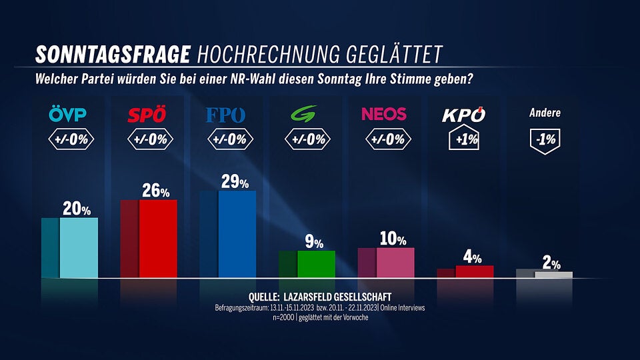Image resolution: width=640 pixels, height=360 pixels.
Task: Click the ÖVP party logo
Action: pyautogui.click(x=67, y=115)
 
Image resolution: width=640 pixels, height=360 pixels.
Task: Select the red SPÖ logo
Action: pyautogui.click(x=147, y=115)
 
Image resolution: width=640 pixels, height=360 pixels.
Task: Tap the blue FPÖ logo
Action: pyautogui.click(x=226, y=115)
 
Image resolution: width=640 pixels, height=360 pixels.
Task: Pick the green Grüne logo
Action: pyautogui.click(x=305, y=114)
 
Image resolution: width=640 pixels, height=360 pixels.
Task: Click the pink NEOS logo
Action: pyautogui.click(x=383, y=114)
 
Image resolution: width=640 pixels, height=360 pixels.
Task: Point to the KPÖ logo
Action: pyautogui.click(x=464, y=115)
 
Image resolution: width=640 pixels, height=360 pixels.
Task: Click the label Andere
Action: pyautogui.click(x=545, y=113)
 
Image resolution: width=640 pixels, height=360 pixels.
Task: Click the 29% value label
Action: pyautogui.click(x=235, y=183)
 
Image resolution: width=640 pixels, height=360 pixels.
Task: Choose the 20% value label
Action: pyautogui.click(x=77, y=209)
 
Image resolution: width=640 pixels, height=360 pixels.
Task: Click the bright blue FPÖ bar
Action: pyautogui.click(x=237, y=233)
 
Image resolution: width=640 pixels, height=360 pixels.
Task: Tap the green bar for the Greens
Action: pyautogui.click(x=316, y=264)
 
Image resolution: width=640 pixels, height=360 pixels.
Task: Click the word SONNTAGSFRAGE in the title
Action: pyautogui.click(x=113, y=53)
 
